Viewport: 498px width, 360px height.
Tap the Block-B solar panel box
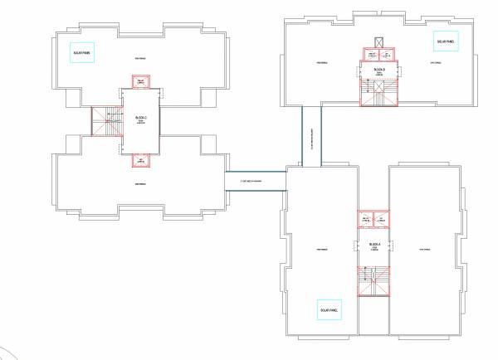pyautogui.click(x=446, y=41)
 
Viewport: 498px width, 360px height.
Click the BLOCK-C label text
pyautogui.click(x=140, y=119)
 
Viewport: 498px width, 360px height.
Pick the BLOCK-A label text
pyautogui.click(x=374, y=244)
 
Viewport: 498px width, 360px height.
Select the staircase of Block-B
pyautogui.click(x=379, y=92)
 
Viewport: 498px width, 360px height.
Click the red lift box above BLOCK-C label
pyautogui.click(x=140, y=81)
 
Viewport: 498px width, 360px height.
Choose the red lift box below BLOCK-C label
pyautogui.click(x=140, y=160)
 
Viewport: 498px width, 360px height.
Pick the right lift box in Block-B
pyautogui.click(x=388, y=55)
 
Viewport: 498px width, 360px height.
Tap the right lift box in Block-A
pyautogui.click(x=382, y=220)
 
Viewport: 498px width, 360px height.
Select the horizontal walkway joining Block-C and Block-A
pyautogui.click(x=256, y=181)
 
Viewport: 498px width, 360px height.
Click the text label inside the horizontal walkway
pyautogui.click(x=255, y=181)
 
